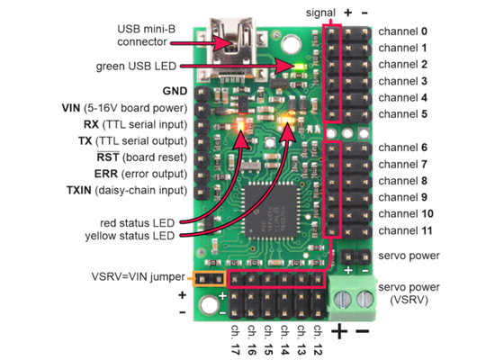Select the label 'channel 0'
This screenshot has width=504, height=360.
tap(408, 30)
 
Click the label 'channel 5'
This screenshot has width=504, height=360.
tap(408, 114)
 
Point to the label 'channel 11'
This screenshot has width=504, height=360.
tap(410, 230)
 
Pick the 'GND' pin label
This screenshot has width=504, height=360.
tap(174, 91)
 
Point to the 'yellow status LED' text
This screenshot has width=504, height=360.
tap(116, 236)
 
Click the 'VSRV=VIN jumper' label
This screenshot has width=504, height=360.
tap(139, 276)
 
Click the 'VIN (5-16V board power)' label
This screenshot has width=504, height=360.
tap(123, 108)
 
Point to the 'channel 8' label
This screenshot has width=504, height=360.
tap(408, 181)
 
